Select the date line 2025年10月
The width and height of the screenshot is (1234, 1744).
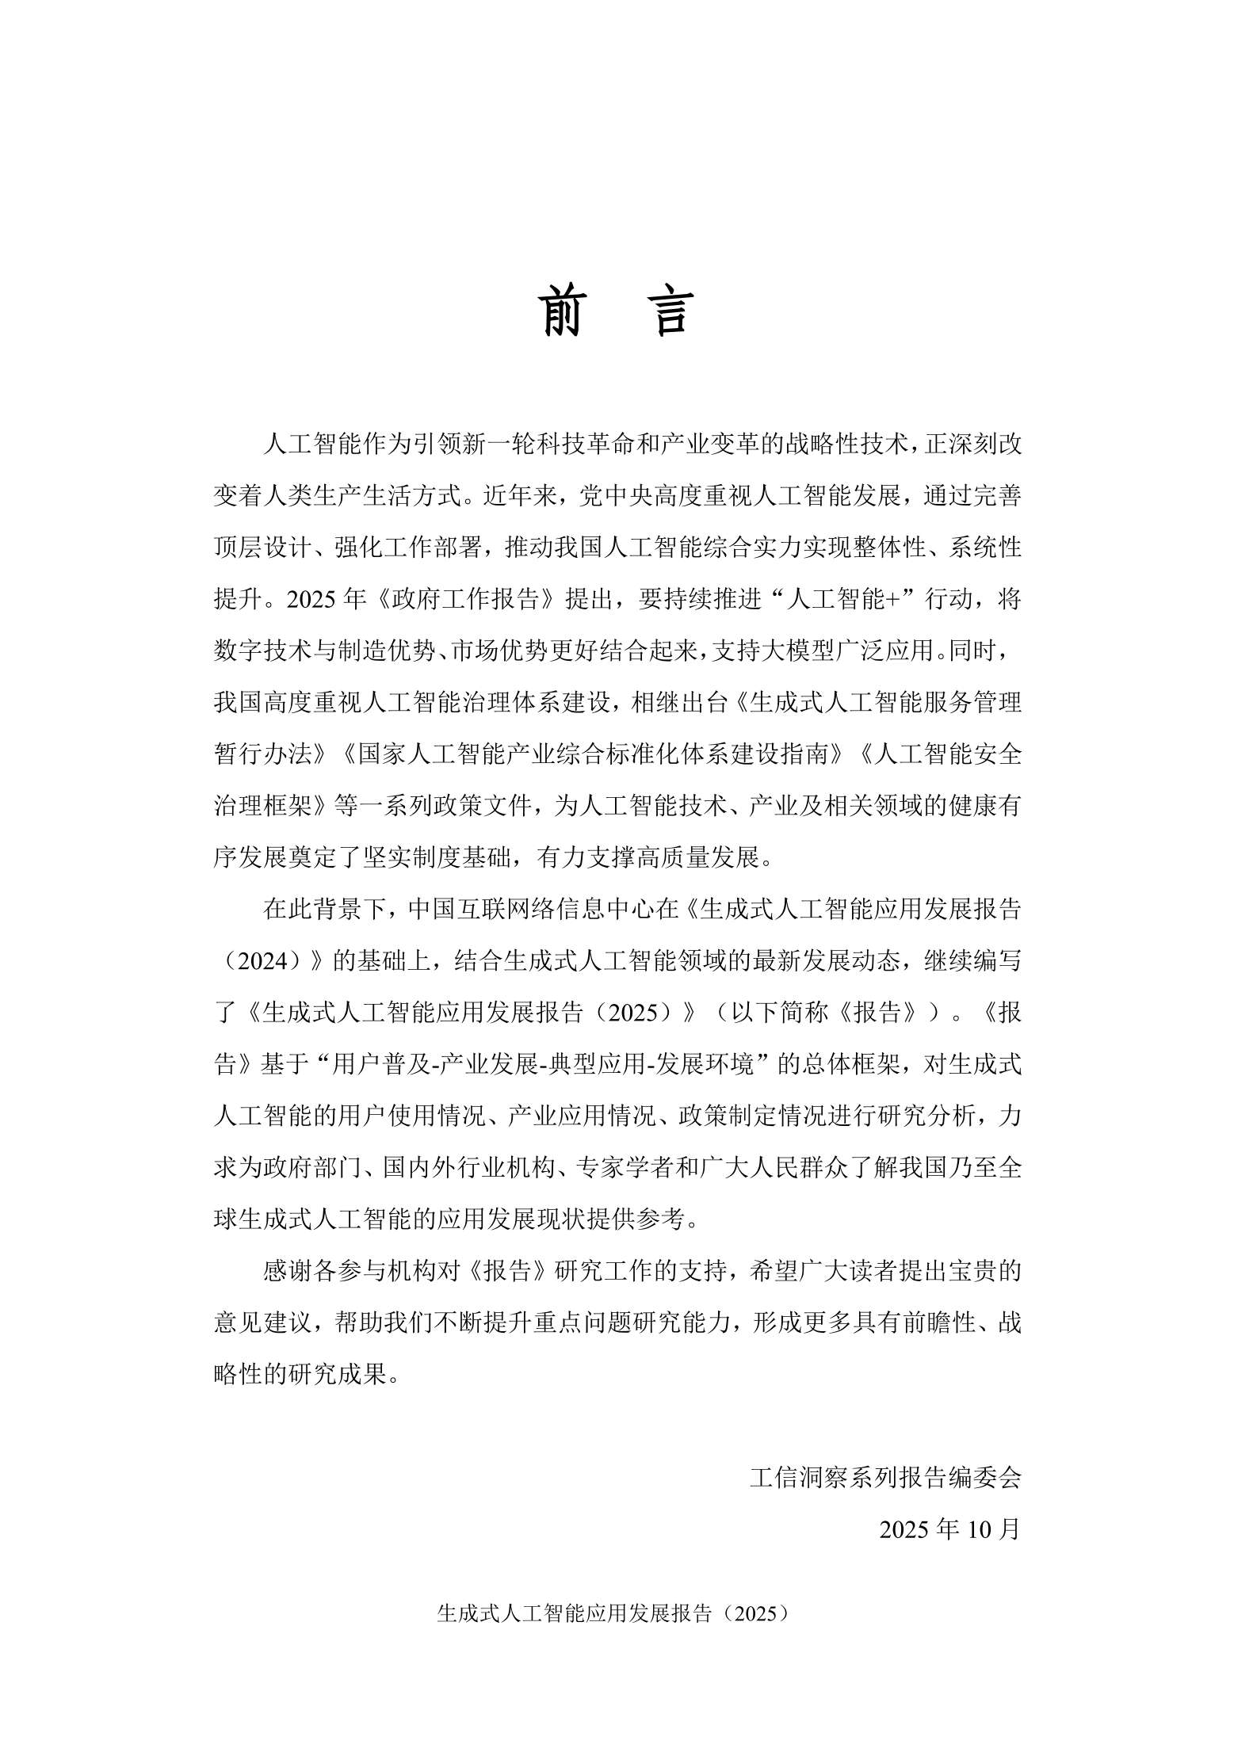949,1528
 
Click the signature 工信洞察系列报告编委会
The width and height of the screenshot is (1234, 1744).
885,1477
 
